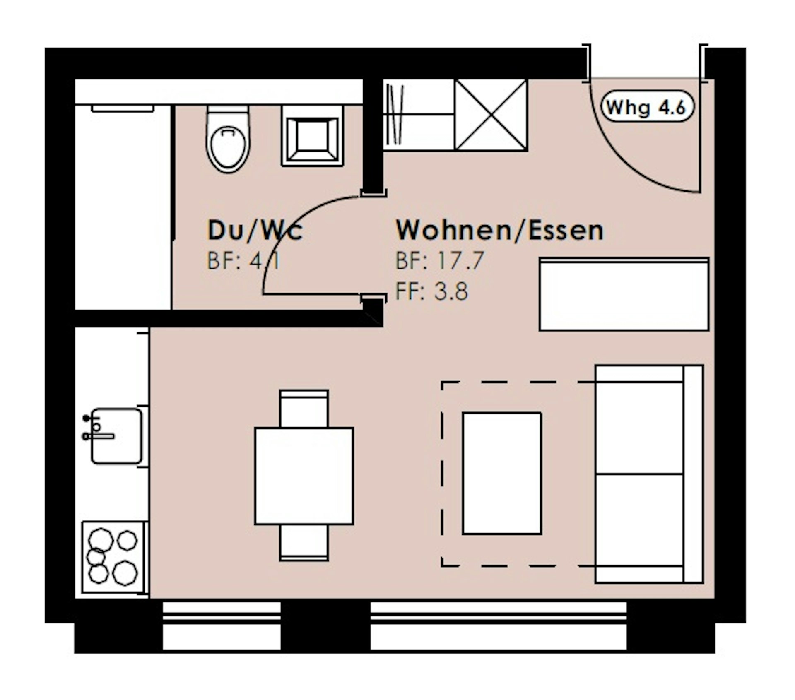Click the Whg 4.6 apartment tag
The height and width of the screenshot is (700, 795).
[647, 107]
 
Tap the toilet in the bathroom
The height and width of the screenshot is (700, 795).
[228, 139]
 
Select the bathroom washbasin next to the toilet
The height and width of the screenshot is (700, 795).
[313, 135]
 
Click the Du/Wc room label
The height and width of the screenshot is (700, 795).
[255, 231]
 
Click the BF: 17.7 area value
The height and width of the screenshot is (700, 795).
[440, 261]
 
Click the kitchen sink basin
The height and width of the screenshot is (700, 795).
[116, 436]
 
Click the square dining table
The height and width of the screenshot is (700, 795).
[304, 476]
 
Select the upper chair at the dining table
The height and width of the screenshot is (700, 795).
[304, 408]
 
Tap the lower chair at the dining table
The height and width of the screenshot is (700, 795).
[304, 543]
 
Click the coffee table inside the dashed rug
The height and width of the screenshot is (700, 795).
[502, 473]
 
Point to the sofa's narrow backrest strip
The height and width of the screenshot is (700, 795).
[693, 474]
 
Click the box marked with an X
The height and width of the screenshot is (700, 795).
[491, 114]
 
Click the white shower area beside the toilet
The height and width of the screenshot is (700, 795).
[123, 207]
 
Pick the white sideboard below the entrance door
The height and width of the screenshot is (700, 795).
[624, 294]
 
